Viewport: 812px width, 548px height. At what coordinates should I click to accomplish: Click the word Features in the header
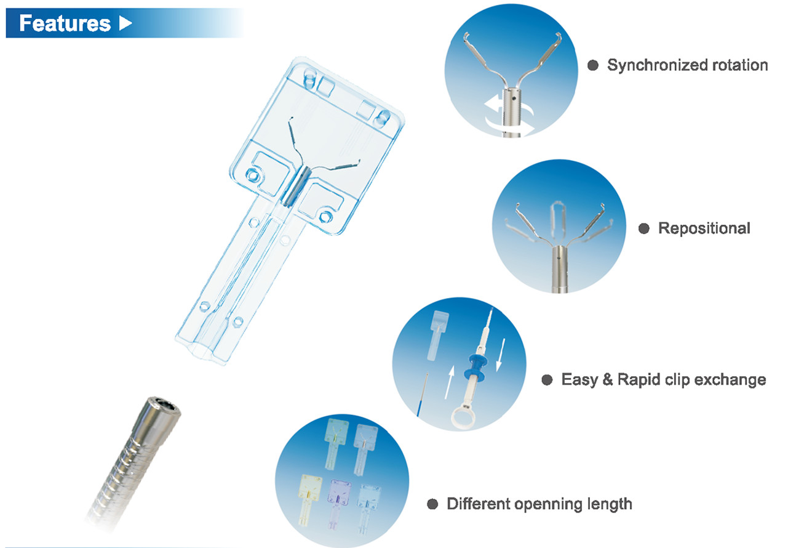65,23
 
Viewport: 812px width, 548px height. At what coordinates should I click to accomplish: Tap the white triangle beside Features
125,23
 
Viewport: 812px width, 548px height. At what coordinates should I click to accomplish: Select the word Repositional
704,228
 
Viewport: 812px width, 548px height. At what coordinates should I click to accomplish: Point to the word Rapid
639,380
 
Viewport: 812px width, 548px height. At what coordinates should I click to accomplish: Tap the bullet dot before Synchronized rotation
592,66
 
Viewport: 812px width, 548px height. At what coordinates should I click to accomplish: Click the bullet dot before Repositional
644,228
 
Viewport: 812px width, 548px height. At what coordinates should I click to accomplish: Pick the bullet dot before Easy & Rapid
547,380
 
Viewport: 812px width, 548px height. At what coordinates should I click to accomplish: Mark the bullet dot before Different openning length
432,504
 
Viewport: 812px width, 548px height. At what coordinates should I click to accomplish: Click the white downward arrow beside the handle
500,355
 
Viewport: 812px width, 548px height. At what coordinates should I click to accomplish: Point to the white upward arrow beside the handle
450,382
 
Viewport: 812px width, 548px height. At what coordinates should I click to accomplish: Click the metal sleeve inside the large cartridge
296,187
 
